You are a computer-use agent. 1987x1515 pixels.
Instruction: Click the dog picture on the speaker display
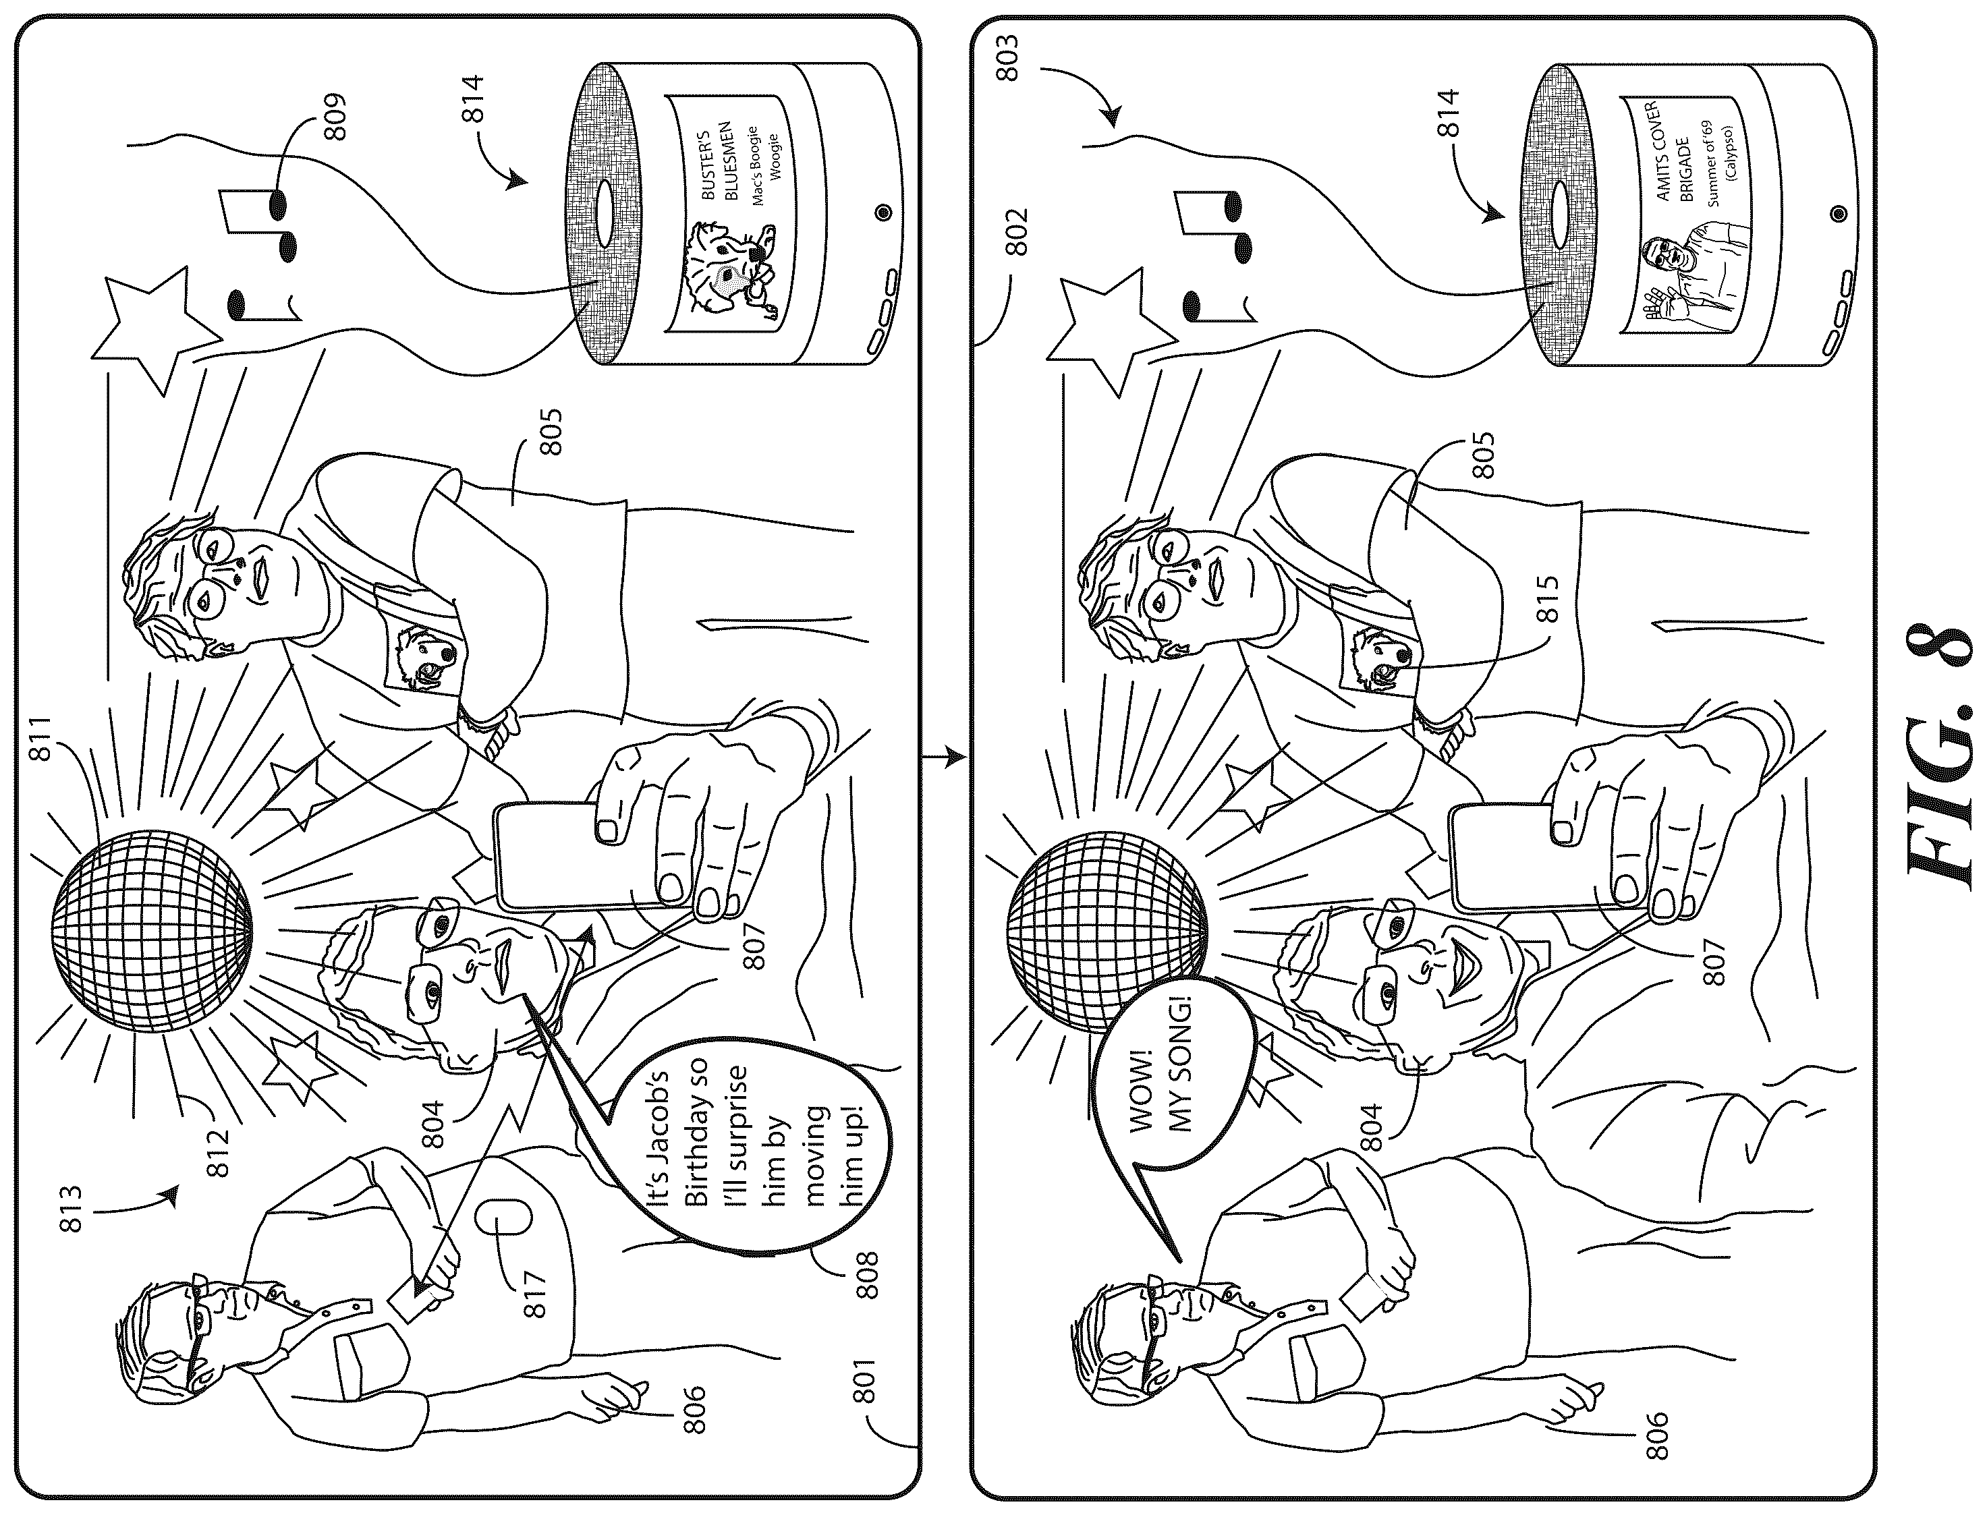[726, 271]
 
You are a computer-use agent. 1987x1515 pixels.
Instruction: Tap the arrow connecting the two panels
[945, 758]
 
